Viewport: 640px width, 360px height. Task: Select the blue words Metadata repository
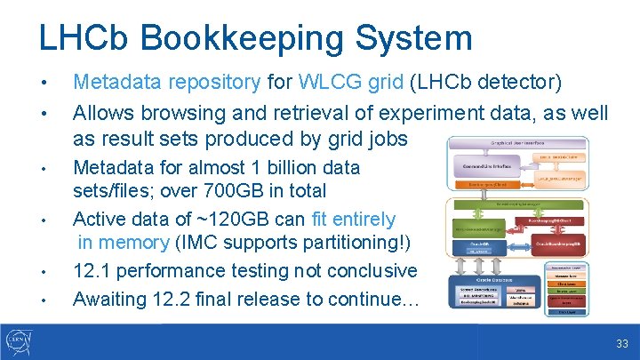pyautogui.click(x=167, y=83)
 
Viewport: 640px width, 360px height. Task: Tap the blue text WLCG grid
pyautogui.click(x=352, y=83)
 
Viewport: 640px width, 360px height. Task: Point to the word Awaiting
pyautogui.click(x=108, y=299)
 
